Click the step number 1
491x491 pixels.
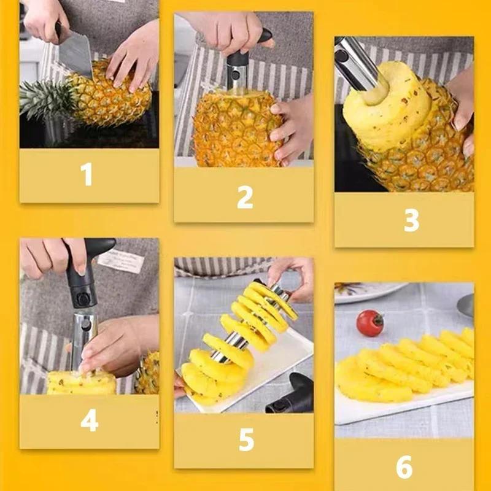87,174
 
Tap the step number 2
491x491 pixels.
245,198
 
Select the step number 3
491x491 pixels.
411,220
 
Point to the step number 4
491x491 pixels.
89,421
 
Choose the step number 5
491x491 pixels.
245,440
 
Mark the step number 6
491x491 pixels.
404,467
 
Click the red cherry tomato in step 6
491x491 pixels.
369,322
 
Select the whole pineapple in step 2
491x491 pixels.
236,129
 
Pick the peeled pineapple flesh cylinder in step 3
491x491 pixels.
374,117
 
